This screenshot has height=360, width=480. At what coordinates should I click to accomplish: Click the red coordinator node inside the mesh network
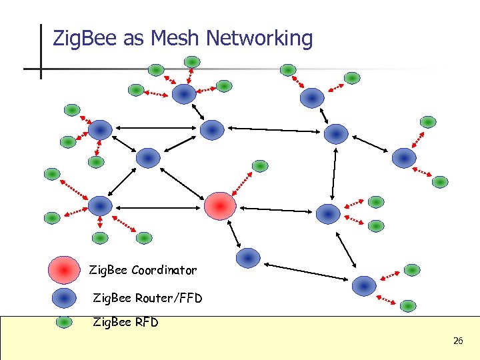[x=220, y=205]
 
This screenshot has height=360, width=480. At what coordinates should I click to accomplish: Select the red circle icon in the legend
[x=64, y=270]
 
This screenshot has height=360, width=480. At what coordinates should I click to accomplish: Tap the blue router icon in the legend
[x=64, y=297]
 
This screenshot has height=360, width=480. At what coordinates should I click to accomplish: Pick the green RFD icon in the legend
[x=64, y=322]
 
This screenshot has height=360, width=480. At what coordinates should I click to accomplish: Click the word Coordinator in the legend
[x=164, y=271]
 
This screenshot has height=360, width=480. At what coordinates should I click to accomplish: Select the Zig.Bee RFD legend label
[x=126, y=323]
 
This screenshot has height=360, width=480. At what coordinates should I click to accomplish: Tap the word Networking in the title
[x=259, y=39]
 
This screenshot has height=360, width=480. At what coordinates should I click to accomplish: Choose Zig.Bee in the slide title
[x=85, y=39]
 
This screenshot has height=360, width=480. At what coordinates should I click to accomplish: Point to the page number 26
[x=458, y=341]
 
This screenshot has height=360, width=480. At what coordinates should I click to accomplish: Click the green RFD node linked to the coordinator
[x=260, y=165]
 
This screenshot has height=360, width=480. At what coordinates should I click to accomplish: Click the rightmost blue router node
[x=404, y=158]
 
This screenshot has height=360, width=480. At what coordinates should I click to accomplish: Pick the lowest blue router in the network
[x=364, y=285]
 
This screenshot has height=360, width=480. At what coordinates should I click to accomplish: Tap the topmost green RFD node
[x=192, y=62]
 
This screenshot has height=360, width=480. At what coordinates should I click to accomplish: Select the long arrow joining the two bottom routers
[x=306, y=271]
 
